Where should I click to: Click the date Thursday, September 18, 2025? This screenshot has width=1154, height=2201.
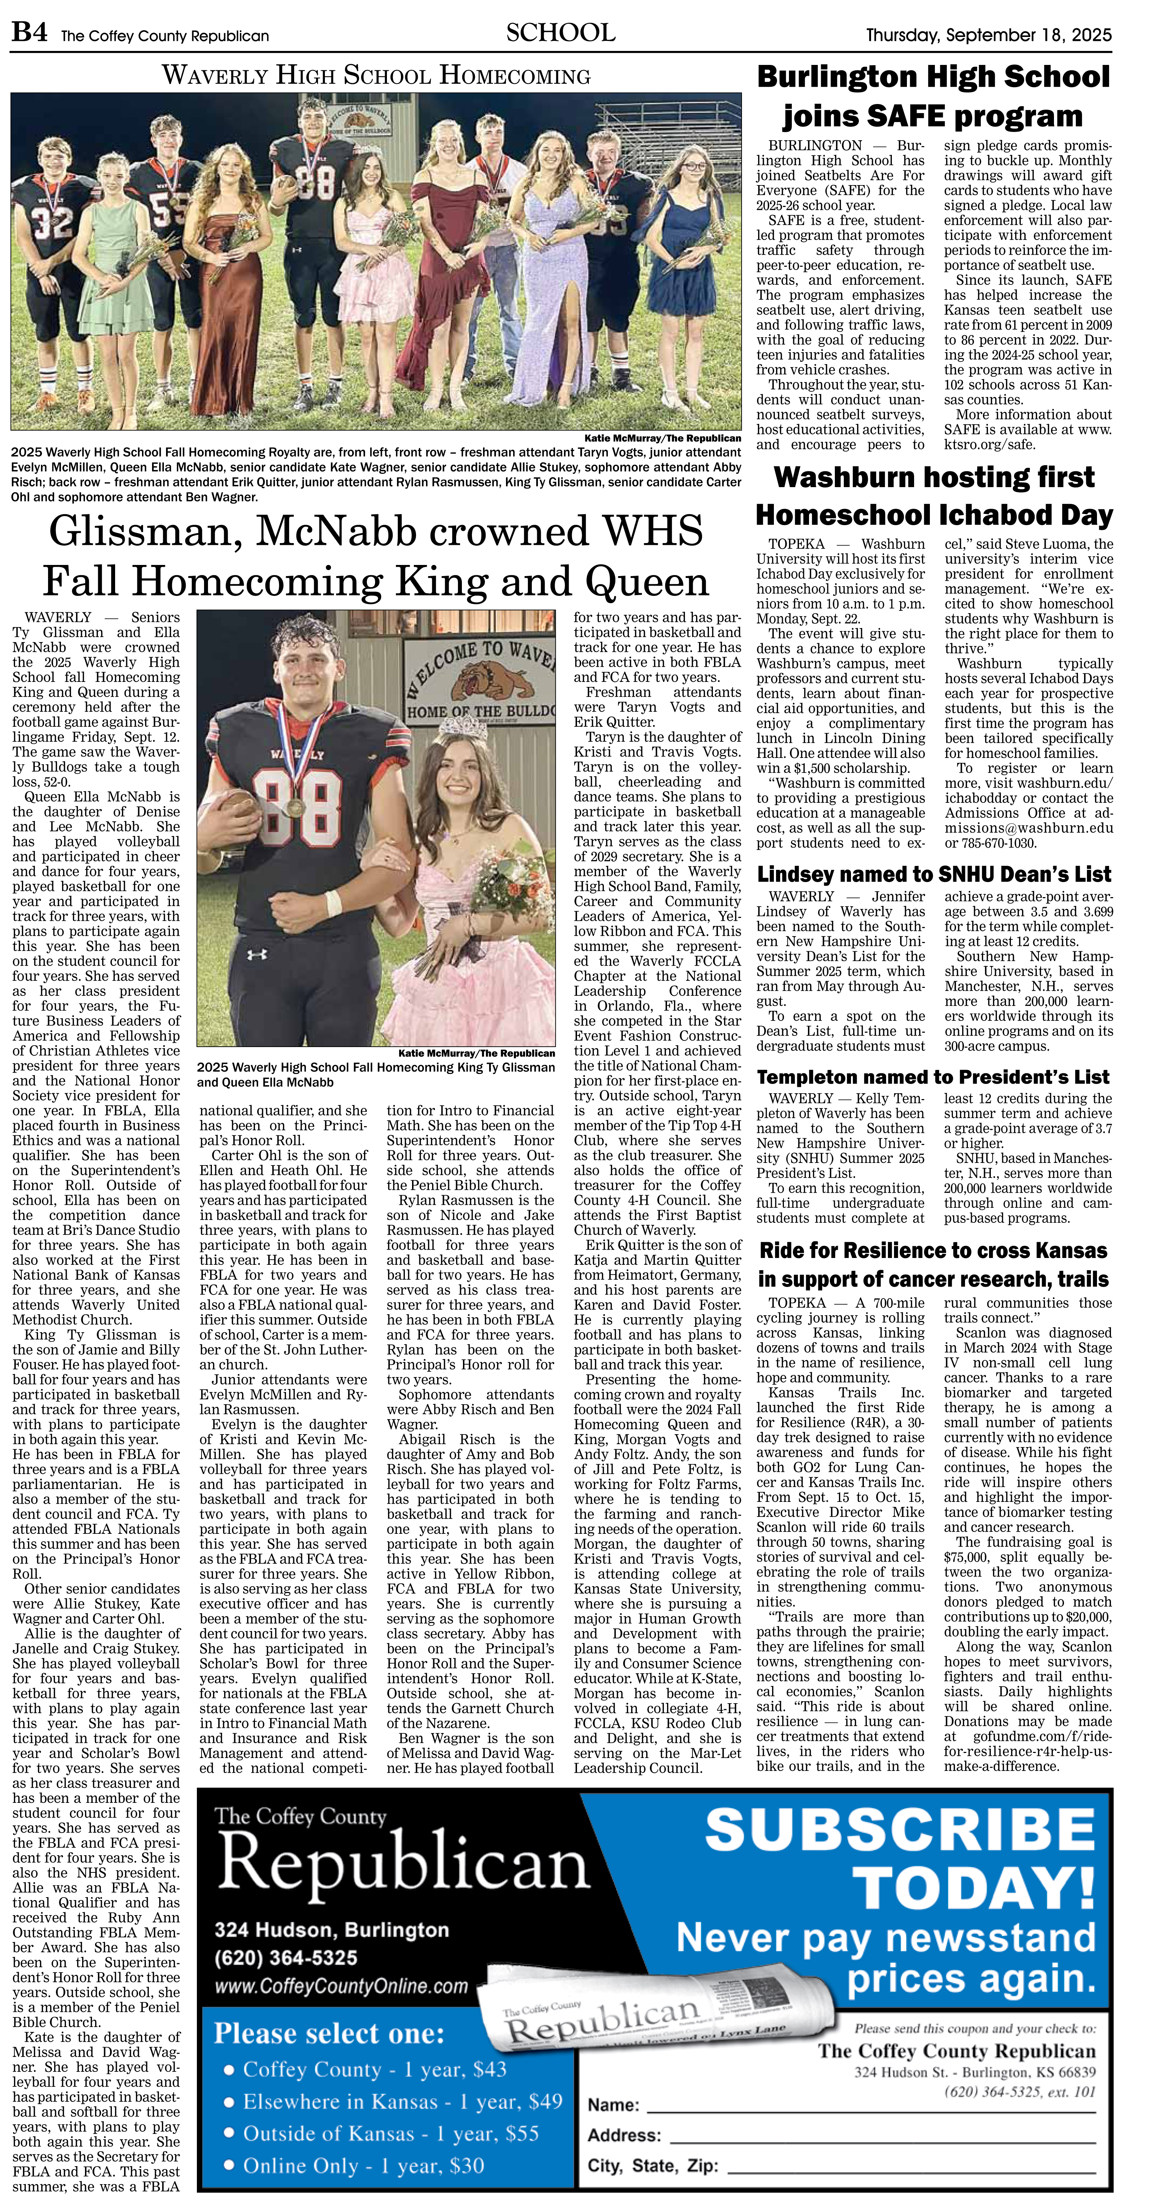988,35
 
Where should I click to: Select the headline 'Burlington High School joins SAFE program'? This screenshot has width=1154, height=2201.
933,96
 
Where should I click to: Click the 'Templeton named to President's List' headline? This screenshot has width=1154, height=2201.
933,1076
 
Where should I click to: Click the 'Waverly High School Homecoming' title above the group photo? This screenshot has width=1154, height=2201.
376,76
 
